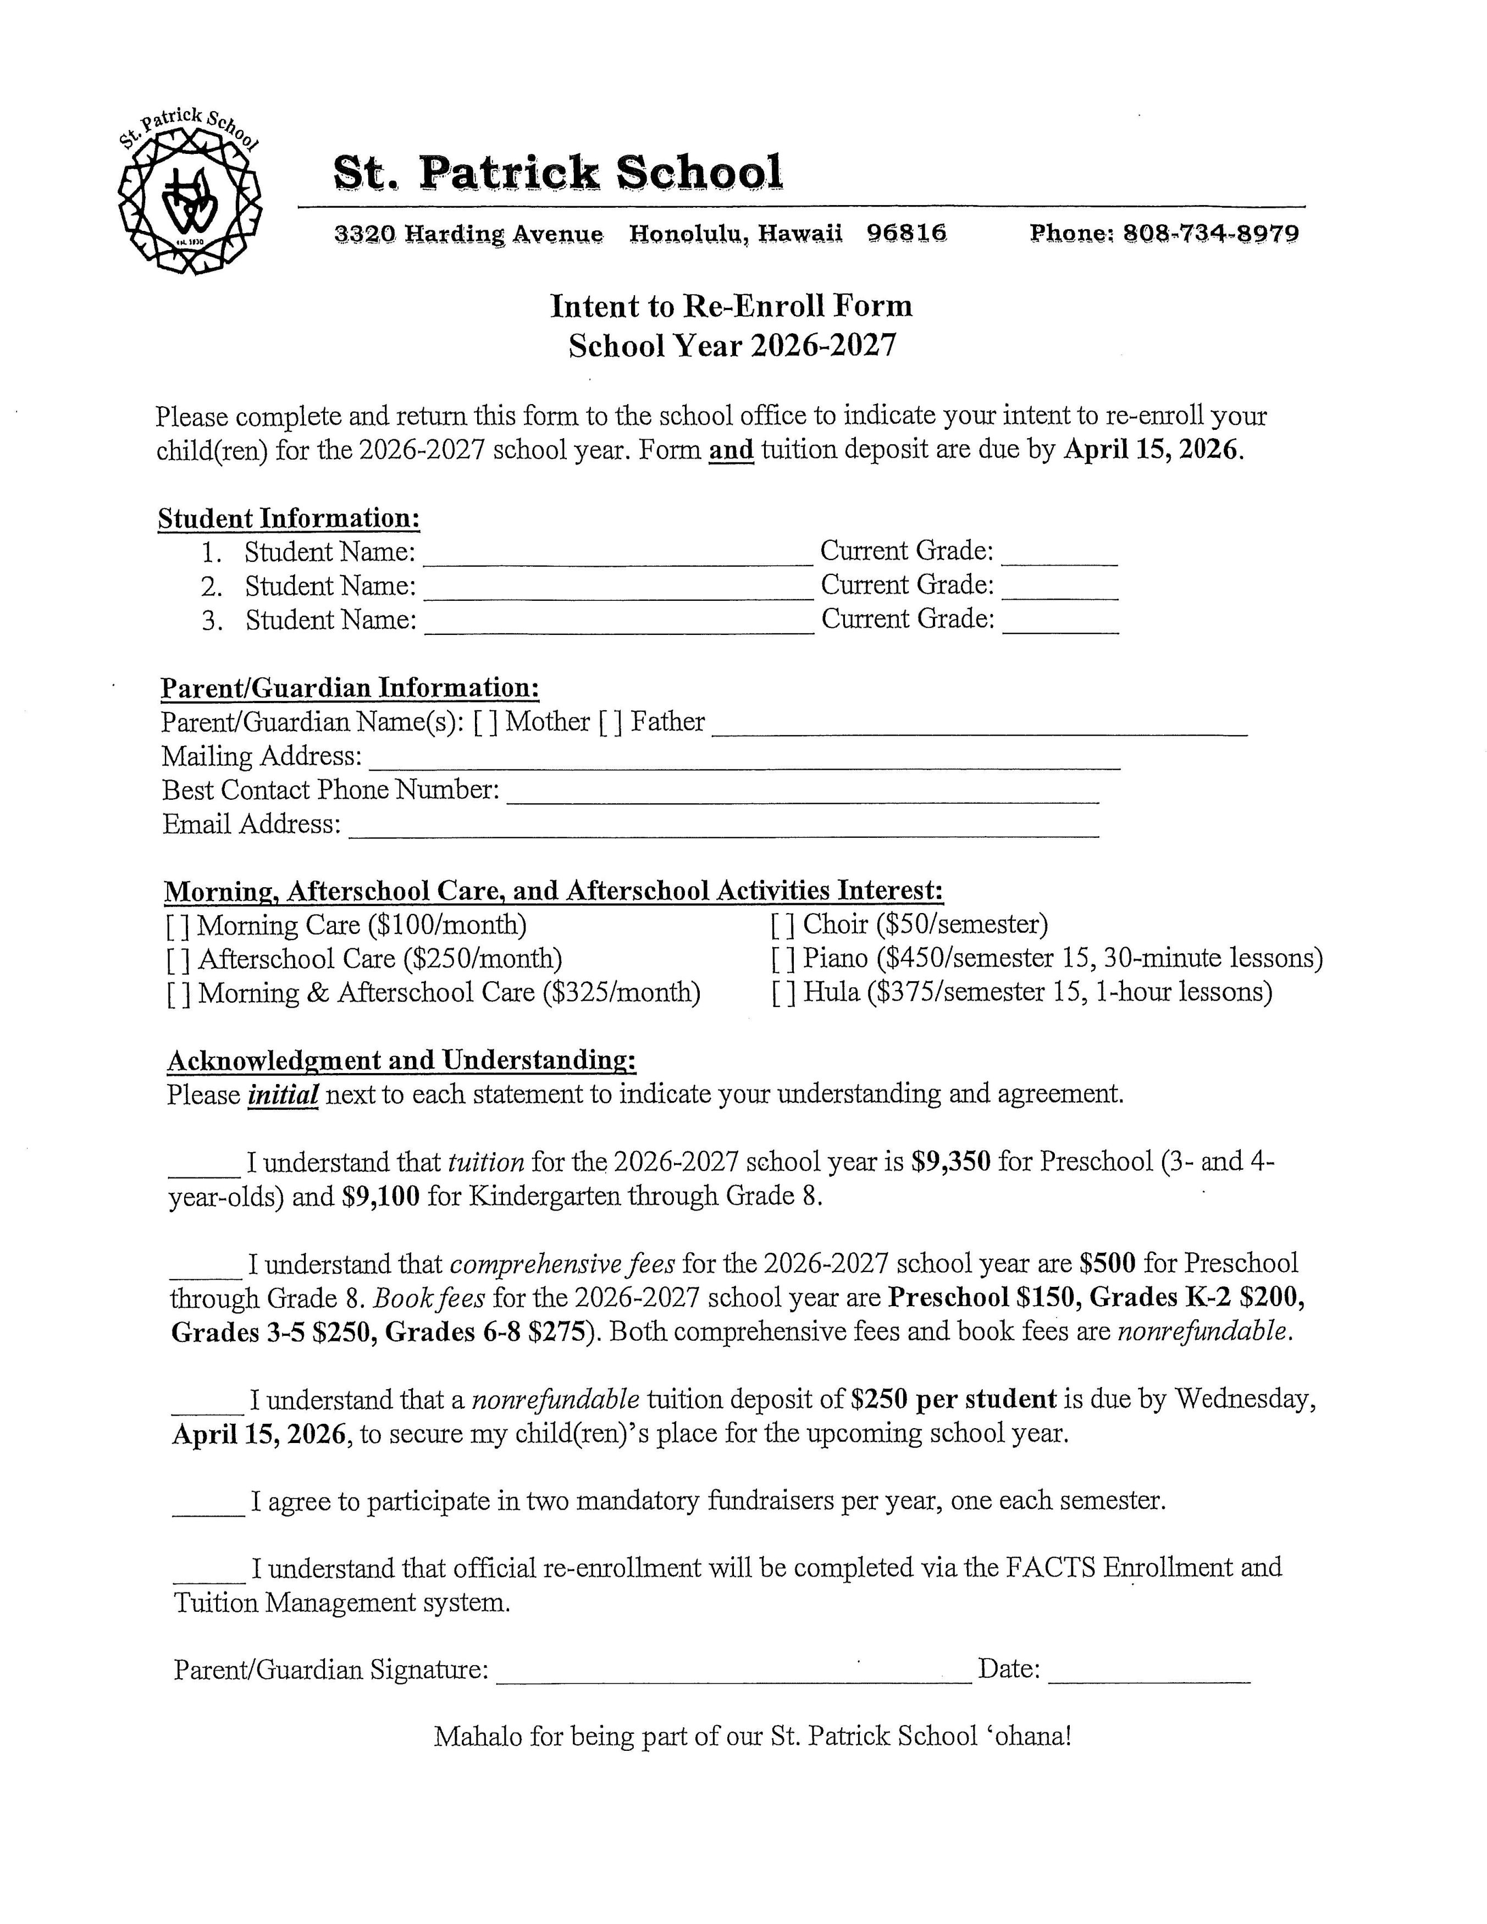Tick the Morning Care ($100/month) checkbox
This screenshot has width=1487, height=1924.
click(x=178, y=926)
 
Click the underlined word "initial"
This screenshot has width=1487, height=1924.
click(x=283, y=1095)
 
